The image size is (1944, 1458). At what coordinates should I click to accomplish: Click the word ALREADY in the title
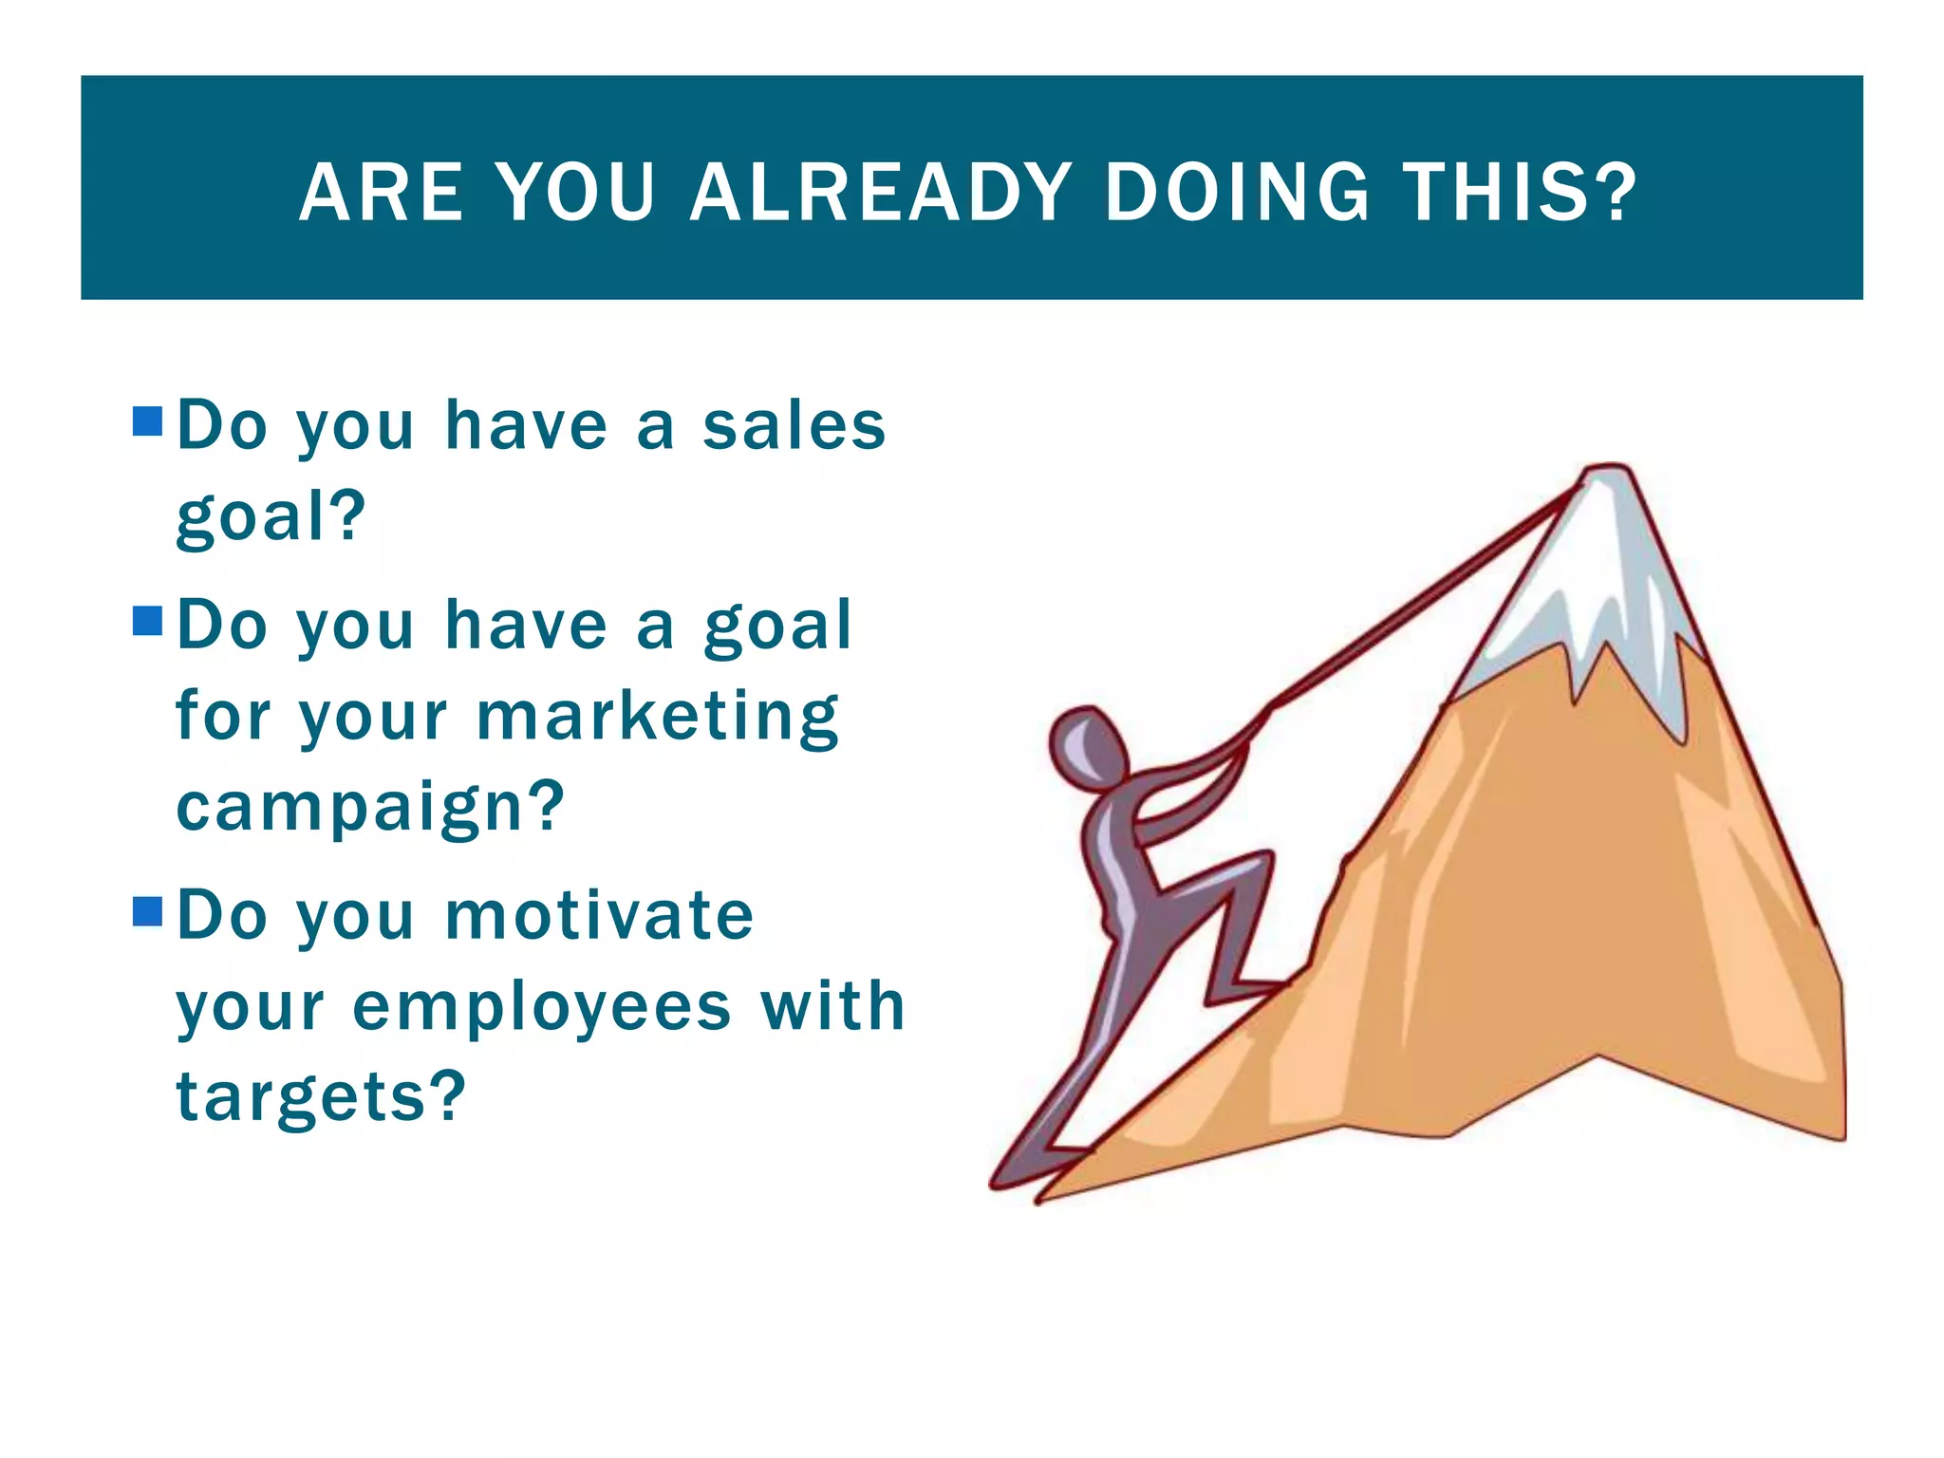point(880,193)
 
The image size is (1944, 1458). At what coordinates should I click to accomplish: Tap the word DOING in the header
point(1238,193)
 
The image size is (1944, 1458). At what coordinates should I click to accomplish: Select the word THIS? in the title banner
point(1520,193)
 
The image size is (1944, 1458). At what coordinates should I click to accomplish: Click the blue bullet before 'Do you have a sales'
point(148,421)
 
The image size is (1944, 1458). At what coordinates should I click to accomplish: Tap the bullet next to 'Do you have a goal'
point(148,621)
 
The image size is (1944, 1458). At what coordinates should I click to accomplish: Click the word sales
point(794,426)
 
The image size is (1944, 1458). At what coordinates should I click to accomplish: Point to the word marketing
point(657,717)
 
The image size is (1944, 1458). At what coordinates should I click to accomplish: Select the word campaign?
point(370,808)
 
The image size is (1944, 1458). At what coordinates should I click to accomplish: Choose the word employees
point(542,1007)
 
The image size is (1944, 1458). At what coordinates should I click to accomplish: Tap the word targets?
point(321,1097)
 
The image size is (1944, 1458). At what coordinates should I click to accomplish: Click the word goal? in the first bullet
point(271,517)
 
